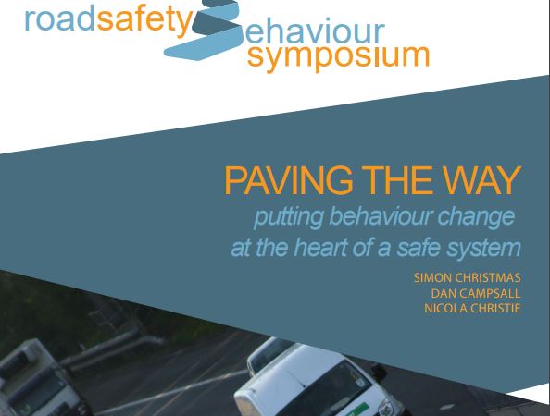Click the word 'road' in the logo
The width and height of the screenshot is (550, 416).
[x=60, y=19]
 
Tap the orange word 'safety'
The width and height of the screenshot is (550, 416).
[x=144, y=20]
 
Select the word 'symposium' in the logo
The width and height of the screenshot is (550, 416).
[x=339, y=56]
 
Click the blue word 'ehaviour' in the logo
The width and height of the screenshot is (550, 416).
[x=315, y=31]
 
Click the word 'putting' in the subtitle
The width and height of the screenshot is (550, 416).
[x=288, y=218]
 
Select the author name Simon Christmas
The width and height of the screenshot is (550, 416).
[x=468, y=277]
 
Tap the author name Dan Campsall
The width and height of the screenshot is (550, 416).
[x=476, y=293]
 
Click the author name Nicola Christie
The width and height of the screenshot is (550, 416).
[x=472, y=308]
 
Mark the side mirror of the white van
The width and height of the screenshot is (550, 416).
[x=380, y=372]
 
